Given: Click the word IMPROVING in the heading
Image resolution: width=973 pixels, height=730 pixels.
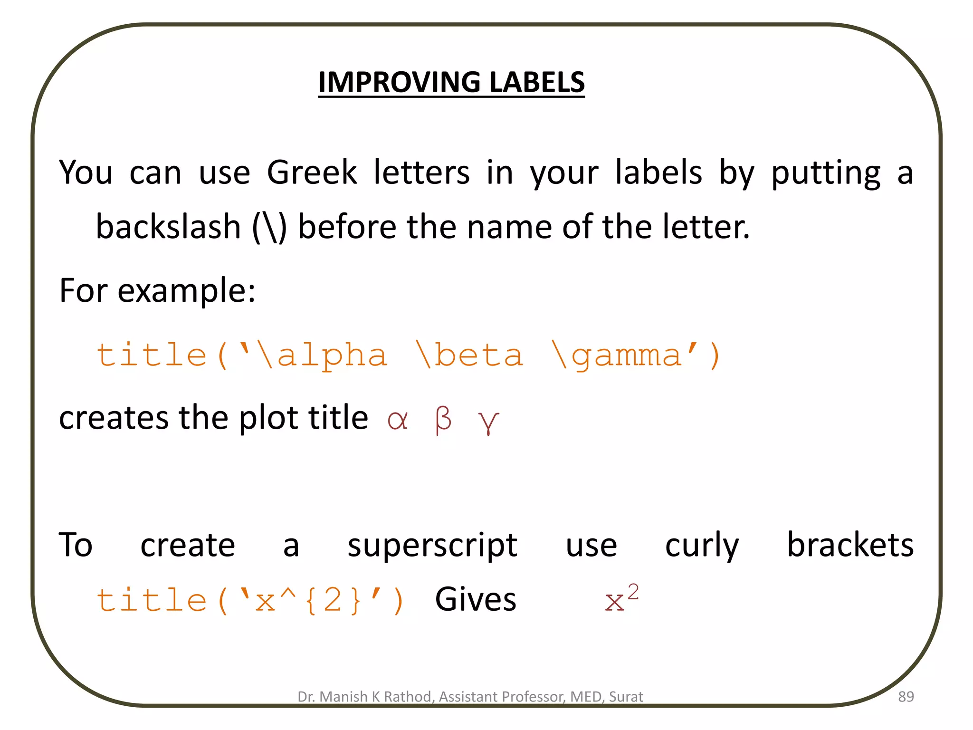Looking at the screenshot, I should [400, 82].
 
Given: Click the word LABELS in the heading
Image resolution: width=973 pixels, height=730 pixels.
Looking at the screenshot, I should [537, 82].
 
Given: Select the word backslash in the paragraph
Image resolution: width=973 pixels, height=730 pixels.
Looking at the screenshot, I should [168, 227].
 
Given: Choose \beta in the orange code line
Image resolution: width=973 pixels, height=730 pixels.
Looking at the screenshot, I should [469, 355].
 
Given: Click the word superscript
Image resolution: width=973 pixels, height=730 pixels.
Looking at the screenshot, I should [432, 545].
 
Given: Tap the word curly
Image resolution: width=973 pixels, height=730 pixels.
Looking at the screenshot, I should [702, 545].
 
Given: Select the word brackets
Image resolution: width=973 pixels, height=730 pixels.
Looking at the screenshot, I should [850, 545].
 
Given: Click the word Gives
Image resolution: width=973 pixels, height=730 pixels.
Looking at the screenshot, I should [476, 599].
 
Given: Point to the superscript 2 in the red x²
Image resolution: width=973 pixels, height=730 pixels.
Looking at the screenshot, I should [633, 592].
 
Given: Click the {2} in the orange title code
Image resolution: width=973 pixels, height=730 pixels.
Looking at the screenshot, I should [333, 600].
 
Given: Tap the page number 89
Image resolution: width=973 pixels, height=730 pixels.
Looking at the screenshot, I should [906, 697].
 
